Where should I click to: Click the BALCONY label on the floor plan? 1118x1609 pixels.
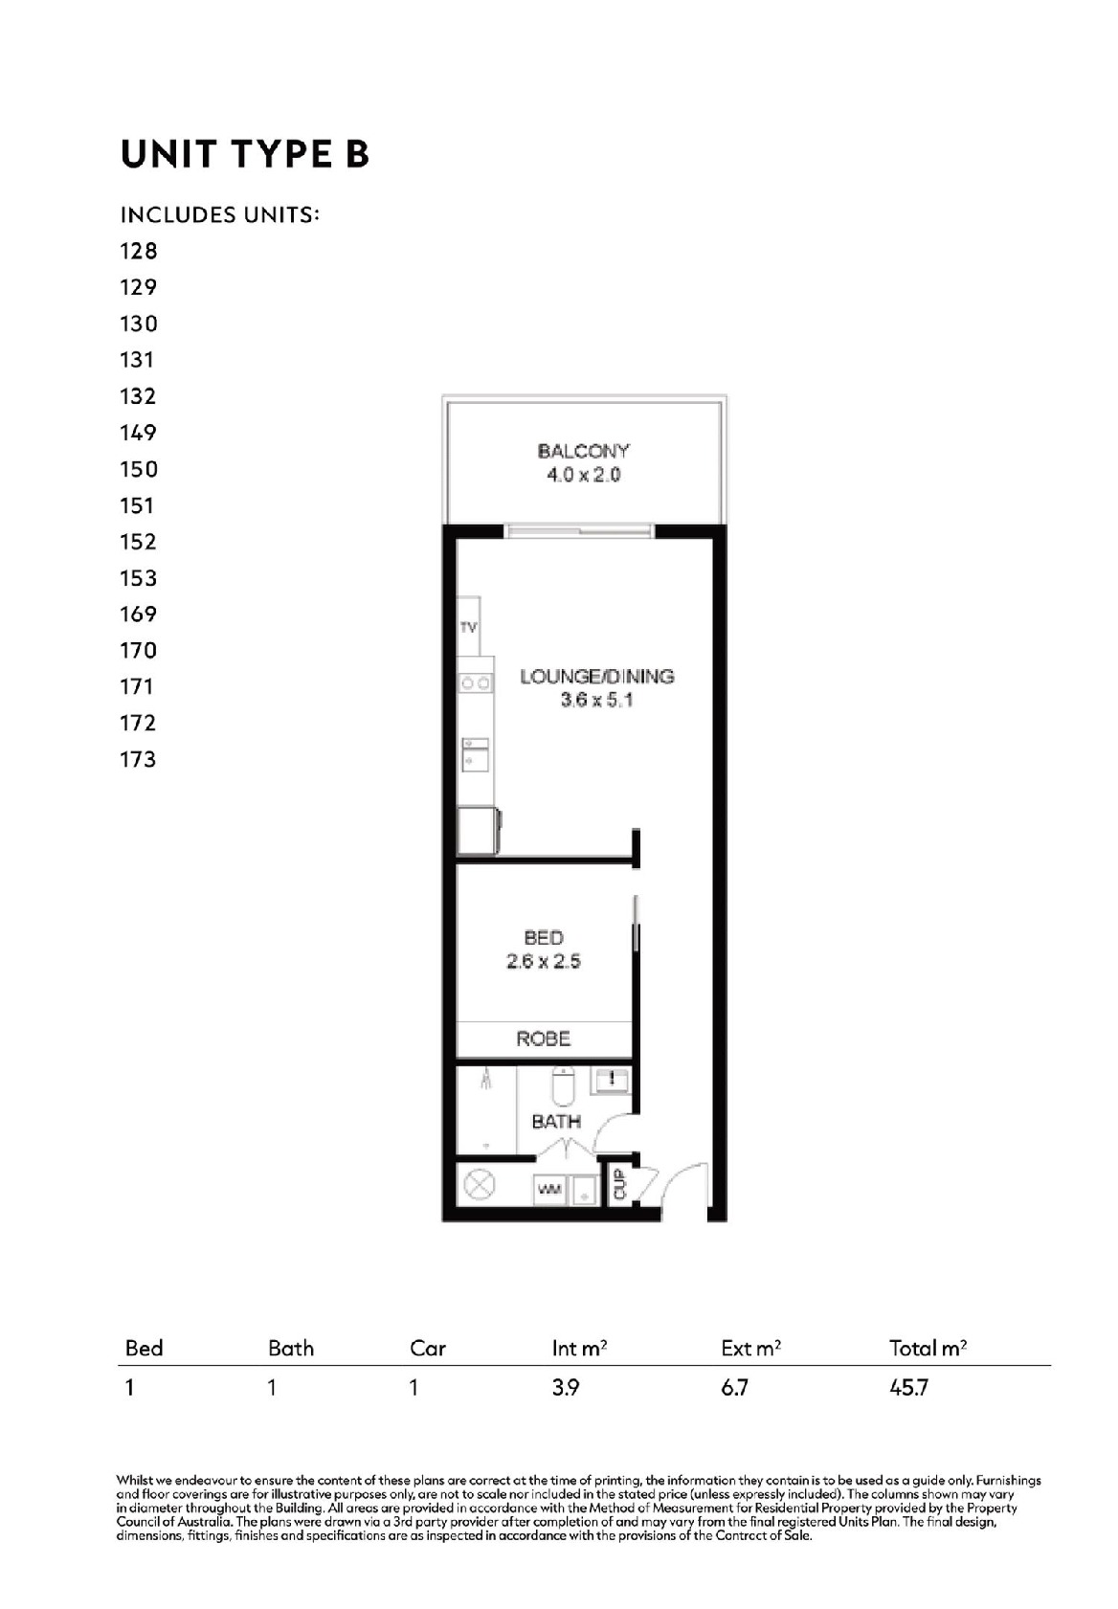pyautogui.click(x=583, y=451)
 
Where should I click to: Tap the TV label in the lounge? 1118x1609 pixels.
pyautogui.click(x=468, y=628)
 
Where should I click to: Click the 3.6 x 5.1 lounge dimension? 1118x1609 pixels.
pyautogui.click(x=597, y=700)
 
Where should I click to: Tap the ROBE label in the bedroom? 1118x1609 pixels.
pyautogui.click(x=543, y=1039)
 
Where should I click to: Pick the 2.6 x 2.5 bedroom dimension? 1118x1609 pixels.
pyautogui.click(x=543, y=961)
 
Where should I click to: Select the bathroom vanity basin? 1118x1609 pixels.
pyautogui.click(x=610, y=1080)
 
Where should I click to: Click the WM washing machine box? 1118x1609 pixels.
pyautogui.click(x=549, y=1190)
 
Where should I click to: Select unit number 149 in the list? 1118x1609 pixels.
pyautogui.click(x=138, y=433)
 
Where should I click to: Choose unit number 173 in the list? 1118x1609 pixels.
pyautogui.click(x=138, y=759)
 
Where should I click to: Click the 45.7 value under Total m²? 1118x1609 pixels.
pyautogui.click(x=909, y=1387)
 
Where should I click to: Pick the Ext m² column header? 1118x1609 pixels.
pyautogui.click(x=750, y=1349)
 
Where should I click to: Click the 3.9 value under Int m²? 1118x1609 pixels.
pyautogui.click(x=566, y=1387)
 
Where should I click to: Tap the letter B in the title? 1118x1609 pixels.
pyautogui.click(x=357, y=154)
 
